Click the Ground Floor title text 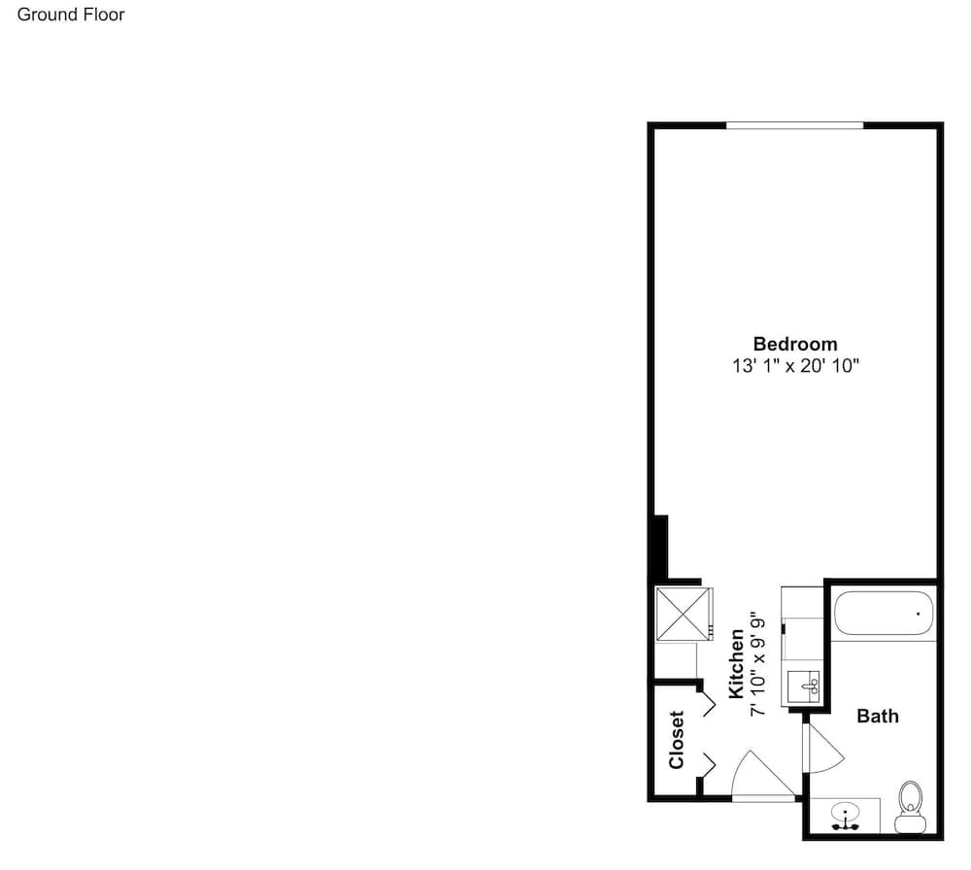(x=71, y=15)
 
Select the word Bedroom (x=795, y=344)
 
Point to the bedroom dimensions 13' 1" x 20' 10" (x=796, y=365)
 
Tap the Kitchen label (x=736, y=663)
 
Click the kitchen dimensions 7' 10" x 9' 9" (x=758, y=667)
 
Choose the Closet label (x=676, y=740)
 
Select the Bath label (x=878, y=716)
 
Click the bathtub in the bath (x=883, y=613)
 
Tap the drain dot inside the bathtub (x=918, y=614)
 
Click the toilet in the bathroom (x=911, y=807)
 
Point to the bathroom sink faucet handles (x=846, y=826)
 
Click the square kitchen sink (x=803, y=686)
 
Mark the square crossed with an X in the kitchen (x=683, y=613)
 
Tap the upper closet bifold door (x=709, y=705)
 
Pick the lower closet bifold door (x=709, y=765)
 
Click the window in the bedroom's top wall (x=794, y=125)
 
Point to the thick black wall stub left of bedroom (x=661, y=548)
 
